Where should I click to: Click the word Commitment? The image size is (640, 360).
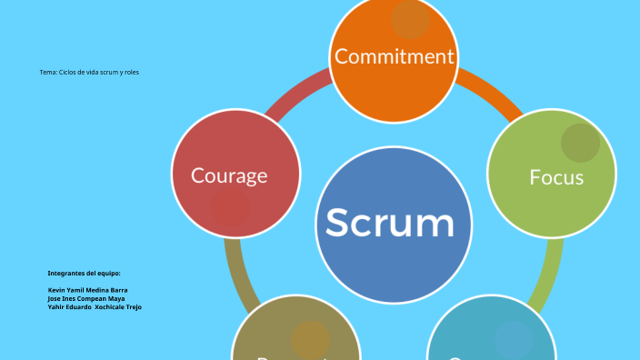pos(394,56)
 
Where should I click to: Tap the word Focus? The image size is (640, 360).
pos(556,176)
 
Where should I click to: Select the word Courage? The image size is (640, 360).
pos(229,175)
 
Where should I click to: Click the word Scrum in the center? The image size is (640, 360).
pos(390,222)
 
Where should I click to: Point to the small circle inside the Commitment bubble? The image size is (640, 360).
pos(411,20)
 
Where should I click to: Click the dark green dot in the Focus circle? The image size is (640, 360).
pos(580,143)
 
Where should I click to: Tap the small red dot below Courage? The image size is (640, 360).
pos(231,208)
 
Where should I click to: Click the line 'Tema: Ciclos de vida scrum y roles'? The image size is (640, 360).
pos(89,72)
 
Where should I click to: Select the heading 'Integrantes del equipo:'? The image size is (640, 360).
pos(84,273)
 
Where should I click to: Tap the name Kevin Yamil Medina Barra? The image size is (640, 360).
pos(87,290)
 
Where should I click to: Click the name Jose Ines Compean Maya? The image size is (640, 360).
pos(85,298)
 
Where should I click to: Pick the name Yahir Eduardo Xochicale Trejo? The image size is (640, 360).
pos(94,307)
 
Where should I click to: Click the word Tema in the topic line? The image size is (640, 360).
pos(48,72)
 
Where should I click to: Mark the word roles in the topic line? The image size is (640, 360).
pos(131,72)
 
